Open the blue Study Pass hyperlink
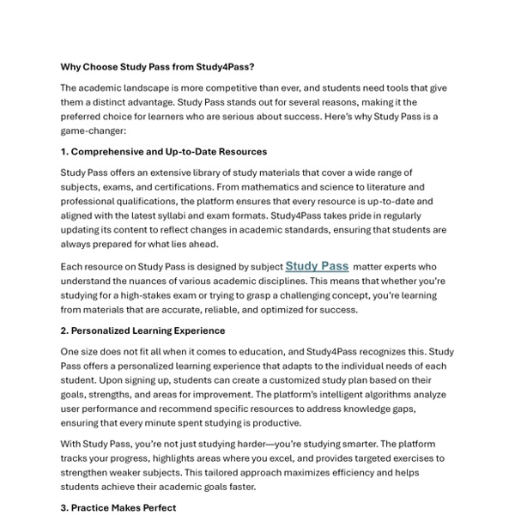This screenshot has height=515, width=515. point(317,267)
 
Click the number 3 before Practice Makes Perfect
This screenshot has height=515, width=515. point(64,507)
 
